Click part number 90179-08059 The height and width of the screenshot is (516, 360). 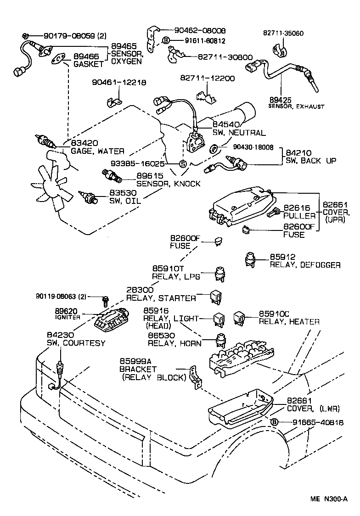(x=69, y=36)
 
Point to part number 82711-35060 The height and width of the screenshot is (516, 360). (x=283, y=34)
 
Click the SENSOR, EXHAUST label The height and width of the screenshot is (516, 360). (x=296, y=107)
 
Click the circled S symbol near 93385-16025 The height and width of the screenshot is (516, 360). (x=182, y=164)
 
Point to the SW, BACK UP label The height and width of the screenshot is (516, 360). (x=311, y=161)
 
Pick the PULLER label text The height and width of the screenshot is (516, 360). (x=299, y=215)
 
